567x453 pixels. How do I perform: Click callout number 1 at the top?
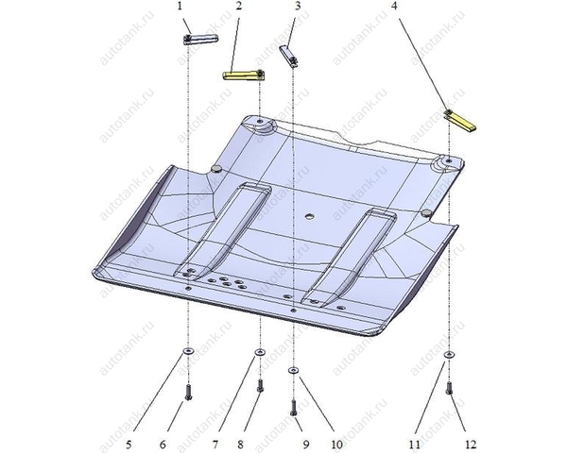180,7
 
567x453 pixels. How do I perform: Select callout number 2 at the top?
239,7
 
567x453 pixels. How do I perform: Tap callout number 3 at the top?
298,7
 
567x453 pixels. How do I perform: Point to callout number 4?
395,7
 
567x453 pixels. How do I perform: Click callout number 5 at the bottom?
129,444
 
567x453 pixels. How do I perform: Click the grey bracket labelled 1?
200,39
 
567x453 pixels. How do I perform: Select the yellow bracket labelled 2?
244,75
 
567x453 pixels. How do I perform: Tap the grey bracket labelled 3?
289,56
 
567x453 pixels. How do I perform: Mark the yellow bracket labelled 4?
460,120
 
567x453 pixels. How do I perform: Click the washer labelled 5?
188,351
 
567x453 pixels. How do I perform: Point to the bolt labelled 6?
188,392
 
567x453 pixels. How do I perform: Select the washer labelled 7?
260,352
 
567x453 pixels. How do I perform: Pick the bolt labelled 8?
260,385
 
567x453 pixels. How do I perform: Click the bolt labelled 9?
294,408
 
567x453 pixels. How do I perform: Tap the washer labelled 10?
293,370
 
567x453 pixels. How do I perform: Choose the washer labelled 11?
449,355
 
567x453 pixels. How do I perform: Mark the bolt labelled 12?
449,388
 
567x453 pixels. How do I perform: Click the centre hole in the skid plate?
310,216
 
